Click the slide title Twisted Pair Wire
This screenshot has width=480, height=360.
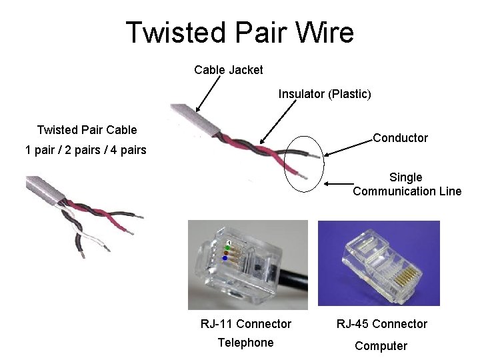tap(239, 32)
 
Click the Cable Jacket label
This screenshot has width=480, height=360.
tap(228, 70)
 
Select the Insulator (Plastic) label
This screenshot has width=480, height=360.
tap(324, 94)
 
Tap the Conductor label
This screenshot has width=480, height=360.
tap(400, 138)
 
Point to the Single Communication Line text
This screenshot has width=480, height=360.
tap(407, 185)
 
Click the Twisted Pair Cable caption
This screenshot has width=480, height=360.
tap(87, 130)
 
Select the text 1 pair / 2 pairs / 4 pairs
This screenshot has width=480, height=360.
tap(85, 150)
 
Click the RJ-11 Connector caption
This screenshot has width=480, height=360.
tap(246, 324)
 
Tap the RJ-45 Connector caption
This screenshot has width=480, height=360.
tap(381, 324)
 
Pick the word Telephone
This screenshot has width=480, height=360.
tap(245, 343)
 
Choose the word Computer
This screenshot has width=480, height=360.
tap(381, 345)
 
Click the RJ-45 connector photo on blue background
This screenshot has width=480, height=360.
tap(379, 263)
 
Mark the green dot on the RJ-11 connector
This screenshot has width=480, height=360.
tap(227, 248)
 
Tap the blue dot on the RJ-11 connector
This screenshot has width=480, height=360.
tap(225, 258)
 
